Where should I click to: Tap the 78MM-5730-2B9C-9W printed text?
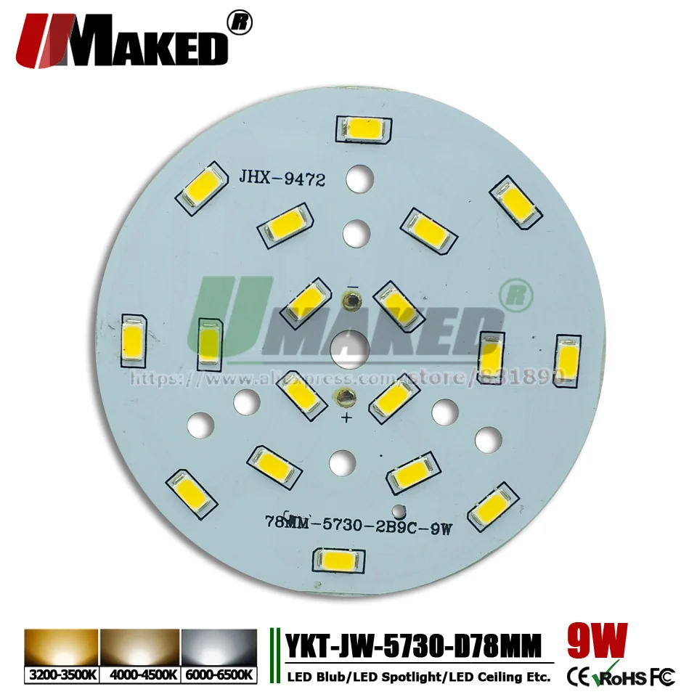tap(359, 523)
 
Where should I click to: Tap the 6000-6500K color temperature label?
tap(218, 675)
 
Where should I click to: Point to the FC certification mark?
tap(663, 677)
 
